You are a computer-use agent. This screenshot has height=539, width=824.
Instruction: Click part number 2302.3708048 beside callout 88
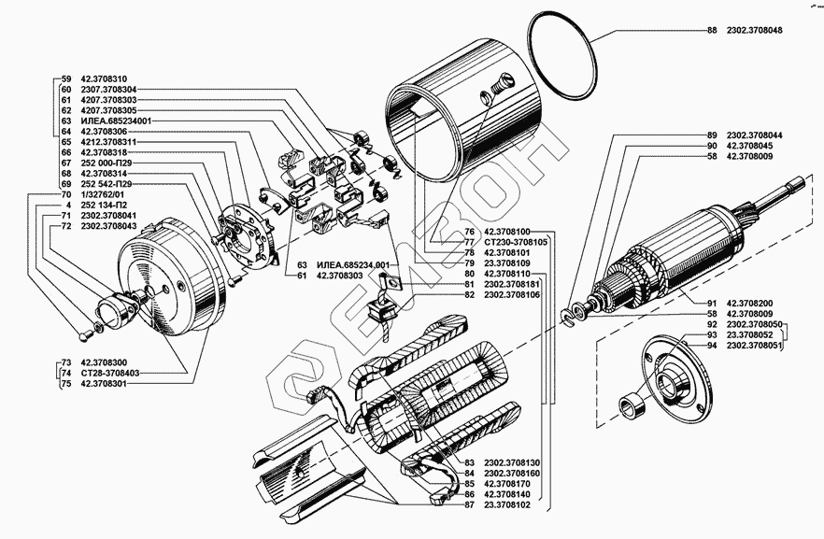point(754,32)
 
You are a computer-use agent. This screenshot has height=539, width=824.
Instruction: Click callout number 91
point(712,304)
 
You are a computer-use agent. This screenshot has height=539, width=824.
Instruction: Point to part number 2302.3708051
point(754,347)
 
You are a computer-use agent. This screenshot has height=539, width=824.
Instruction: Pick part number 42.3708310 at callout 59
point(106,78)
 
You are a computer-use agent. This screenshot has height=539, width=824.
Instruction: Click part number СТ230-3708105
point(519,241)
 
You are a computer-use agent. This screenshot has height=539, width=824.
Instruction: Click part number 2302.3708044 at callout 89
point(754,135)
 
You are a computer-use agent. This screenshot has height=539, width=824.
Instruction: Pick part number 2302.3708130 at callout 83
point(513,463)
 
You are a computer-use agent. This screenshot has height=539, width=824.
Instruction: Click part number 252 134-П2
point(104,205)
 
